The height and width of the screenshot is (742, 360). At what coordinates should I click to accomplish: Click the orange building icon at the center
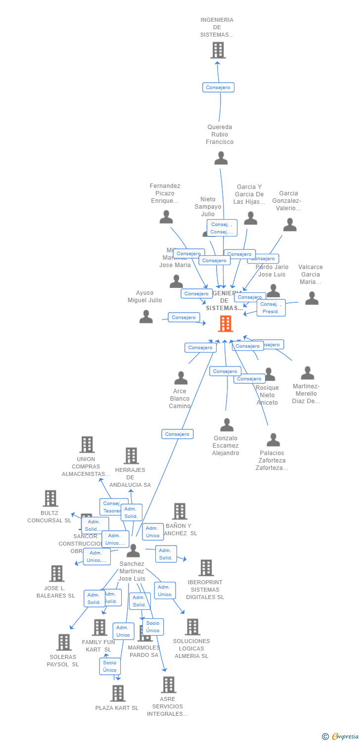(225, 324)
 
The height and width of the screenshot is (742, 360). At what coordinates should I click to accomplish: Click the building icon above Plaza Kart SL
(118, 693)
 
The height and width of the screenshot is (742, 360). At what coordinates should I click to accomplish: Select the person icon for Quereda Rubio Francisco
(221, 158)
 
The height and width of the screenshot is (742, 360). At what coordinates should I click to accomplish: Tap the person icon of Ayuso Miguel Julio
(146, 317)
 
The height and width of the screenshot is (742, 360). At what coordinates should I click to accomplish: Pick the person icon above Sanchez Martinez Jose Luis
(133, 551)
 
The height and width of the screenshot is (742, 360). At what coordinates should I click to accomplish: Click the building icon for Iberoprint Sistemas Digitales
(206, 568)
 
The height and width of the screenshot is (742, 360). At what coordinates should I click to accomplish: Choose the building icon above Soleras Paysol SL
(64, 642)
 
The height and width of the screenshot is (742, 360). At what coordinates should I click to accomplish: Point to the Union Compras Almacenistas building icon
(87, 444)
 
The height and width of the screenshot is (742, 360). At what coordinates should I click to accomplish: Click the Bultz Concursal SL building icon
(50, 498)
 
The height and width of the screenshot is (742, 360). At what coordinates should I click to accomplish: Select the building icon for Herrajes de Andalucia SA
(131, 456)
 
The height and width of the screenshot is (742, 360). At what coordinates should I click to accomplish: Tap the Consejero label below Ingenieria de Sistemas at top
(218, 87)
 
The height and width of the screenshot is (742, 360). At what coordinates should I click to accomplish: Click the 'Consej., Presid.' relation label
(271, 308)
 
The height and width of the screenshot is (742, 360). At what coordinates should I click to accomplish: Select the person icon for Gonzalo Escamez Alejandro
(226, 424)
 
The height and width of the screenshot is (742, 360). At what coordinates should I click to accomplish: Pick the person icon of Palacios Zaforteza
(273, 440)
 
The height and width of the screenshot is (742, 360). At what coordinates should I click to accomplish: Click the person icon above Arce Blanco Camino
(181, 378)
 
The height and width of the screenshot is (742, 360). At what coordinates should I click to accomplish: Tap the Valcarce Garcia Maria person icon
(312, 298)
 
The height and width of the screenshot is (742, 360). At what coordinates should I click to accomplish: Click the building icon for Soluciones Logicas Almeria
(192, 627)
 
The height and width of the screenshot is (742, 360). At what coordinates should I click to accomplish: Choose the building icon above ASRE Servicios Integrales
(168, 685)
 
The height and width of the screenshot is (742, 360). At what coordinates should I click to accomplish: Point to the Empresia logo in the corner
(341, 736)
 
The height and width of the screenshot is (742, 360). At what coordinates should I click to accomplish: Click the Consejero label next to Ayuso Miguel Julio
(184, 317)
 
